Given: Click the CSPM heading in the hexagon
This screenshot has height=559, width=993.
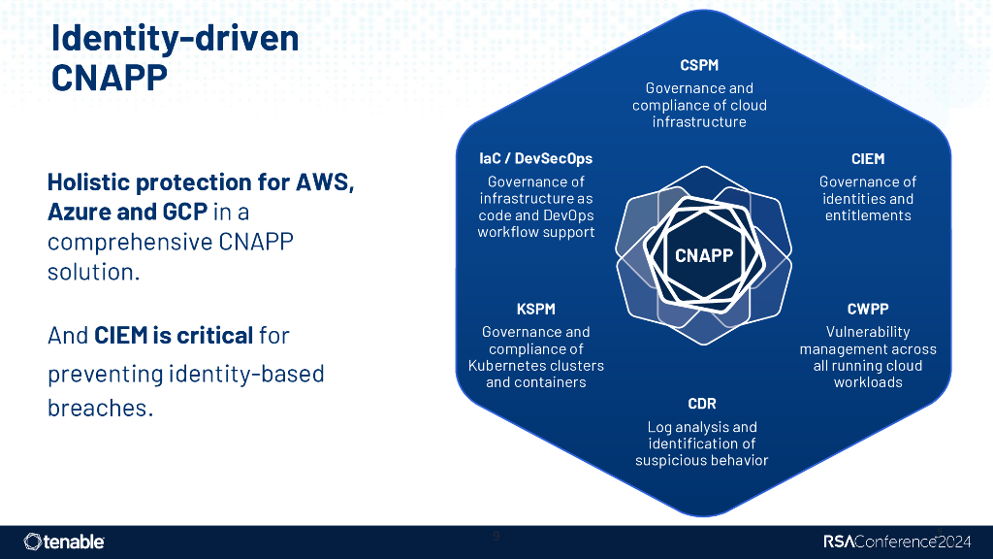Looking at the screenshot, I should click(x=698, y=66).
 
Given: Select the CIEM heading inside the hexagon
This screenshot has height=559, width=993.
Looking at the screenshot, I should click(x=867, y=159).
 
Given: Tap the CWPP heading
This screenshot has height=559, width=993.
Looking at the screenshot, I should click(x=867, y=310).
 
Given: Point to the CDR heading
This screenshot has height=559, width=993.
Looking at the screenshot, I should click(x=701, y=404).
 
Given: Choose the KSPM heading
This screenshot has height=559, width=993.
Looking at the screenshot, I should click(x=535, y=310).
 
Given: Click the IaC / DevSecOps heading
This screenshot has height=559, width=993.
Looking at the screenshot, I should click(x=535, y=159).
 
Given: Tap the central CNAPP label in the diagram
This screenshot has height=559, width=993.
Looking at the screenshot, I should click(x=703, y=256).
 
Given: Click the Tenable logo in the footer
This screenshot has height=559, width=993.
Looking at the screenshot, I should click(x=64, y=542).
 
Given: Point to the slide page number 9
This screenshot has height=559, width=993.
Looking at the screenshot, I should click(x=496, y=536).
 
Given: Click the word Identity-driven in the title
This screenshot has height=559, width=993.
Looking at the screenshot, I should click(x=174, y=38).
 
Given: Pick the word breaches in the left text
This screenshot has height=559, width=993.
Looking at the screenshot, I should click(x=99, y=408).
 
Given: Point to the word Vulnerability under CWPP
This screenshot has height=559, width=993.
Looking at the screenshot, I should click(x=867, y=332).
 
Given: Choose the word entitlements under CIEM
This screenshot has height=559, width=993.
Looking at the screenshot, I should click(x=867, y=215).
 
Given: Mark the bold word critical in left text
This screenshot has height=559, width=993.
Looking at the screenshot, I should click(x=217, y=336).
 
